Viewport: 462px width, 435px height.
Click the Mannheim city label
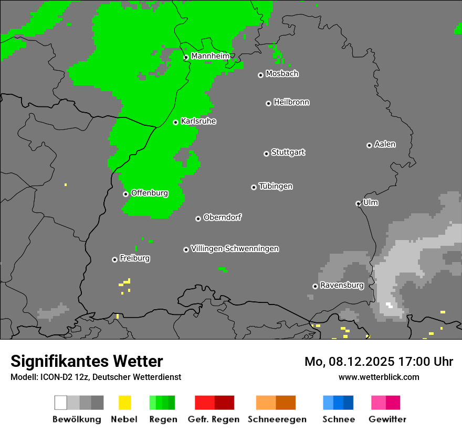pos(210,56)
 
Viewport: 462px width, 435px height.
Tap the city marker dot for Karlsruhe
pos(176,122)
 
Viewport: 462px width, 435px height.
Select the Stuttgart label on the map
pos(288,153)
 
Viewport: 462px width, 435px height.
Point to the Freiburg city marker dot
pos(114,259)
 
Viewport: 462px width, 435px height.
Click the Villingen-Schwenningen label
pos(235,249)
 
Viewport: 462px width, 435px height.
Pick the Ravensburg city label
pos(342,286)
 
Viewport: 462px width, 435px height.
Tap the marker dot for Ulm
pos(358,203)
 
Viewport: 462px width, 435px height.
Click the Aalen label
pos(385,144)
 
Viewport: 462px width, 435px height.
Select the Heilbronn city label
pos(291,102)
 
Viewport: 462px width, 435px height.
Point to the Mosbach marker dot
pos(260,75)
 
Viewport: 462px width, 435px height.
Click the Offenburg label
pos(150,193)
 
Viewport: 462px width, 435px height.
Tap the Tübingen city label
pos(276,187)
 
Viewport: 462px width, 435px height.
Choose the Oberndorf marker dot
pos(198,219)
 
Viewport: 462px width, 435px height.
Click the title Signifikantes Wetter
pos(87,362)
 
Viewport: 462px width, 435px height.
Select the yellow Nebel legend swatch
pos(124,403)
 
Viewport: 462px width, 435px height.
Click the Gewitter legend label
pos(387,419)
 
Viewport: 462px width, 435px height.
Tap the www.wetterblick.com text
pos(379,377)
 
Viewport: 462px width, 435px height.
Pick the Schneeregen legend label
pos(277,419)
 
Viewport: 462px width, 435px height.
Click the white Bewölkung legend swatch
pos(60,403)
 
